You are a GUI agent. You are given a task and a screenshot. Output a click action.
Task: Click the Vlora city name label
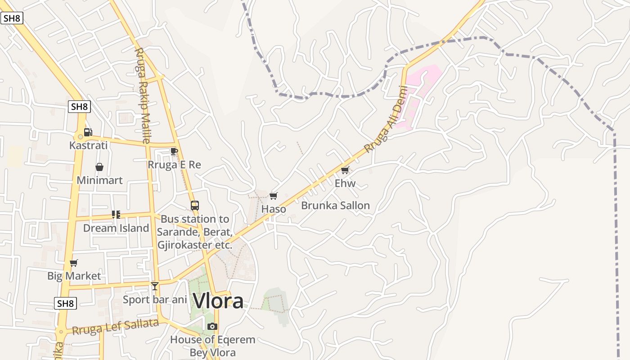tap(218, 301)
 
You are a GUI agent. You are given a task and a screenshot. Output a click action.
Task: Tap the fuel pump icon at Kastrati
tap(88, 132)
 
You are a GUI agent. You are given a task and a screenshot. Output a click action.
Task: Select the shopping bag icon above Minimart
tap(99, 167)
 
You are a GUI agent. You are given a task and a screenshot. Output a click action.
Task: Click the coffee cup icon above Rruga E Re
tap(174, 151)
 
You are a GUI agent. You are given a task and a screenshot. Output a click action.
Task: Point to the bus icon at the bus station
tap(194, 206)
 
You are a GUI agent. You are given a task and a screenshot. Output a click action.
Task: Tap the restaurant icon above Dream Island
tap(116, 215)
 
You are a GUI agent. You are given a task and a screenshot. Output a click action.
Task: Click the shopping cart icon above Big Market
tap(74, 263)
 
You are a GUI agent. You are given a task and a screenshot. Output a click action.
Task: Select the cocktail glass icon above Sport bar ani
tap(155, 286)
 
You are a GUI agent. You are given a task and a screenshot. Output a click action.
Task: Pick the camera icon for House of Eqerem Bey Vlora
tap(212, 326)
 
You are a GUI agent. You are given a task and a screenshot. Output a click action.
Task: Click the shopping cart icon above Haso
tap(273, 196)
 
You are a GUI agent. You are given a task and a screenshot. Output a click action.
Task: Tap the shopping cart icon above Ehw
tap(345, 170)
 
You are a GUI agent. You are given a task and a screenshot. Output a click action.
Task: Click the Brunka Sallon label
tap(335, 206)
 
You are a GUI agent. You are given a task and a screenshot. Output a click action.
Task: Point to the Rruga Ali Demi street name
tap(386, 120)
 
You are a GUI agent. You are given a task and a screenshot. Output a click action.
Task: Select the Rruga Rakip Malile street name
tap(142, 95)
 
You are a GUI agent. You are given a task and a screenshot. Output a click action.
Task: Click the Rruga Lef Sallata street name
tap(116, 327)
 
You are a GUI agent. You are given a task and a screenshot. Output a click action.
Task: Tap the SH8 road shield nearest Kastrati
tap(79, 107)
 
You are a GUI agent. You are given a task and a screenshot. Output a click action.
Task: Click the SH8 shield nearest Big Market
tap(65, 303)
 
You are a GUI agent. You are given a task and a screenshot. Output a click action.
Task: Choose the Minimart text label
tap(99, 180)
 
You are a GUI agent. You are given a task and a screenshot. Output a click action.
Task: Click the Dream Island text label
tap(116, 228)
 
